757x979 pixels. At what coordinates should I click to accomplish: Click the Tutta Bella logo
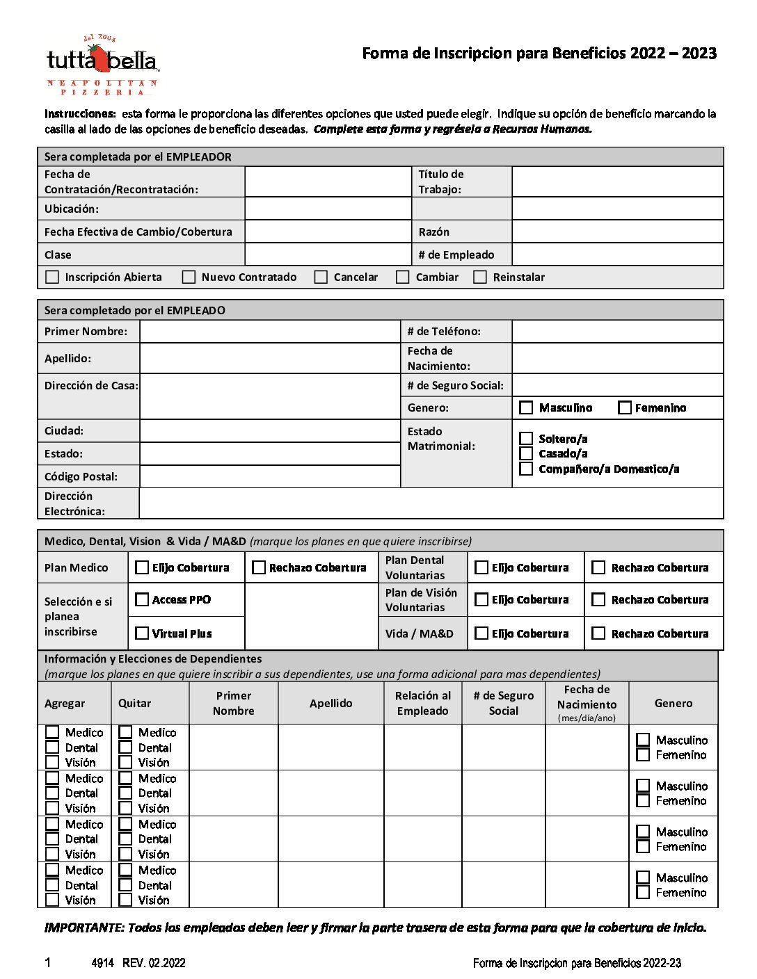point(102,65)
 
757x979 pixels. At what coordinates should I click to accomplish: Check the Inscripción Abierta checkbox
point(52,277)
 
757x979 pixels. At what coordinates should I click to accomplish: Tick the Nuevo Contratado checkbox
point(189,277)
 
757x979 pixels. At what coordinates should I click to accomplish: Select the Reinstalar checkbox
point(480,277)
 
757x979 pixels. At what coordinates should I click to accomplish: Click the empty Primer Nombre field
point(269,332)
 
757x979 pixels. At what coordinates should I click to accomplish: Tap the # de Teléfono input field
point(617,332)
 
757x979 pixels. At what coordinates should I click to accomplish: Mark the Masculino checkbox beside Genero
point(527,408)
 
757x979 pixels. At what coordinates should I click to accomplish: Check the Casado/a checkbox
point(527,453)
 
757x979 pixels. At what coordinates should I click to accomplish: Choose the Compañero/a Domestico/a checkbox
point(527,469)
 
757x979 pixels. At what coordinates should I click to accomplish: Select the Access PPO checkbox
point(142,599)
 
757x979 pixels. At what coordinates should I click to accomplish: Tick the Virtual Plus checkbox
point(142,633)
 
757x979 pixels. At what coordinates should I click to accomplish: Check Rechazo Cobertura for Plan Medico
point(259,567)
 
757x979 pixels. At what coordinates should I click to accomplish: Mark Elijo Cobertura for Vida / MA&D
point(481,633)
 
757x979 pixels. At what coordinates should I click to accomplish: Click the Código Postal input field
point(269,476)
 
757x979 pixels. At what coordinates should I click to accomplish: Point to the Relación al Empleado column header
point(422,703)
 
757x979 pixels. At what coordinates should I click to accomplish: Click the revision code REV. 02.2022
point(154,963)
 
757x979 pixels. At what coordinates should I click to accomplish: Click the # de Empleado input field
point(617,254)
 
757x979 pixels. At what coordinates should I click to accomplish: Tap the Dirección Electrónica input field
point(431,503)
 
